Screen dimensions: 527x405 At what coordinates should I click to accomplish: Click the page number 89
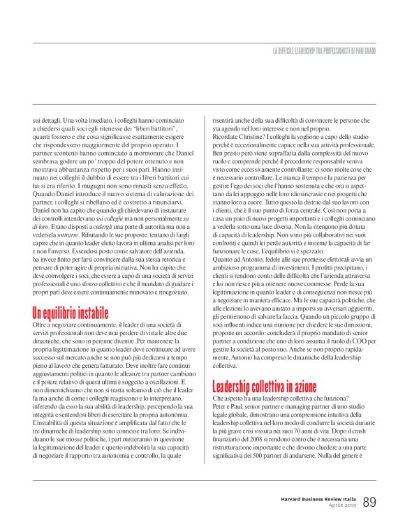(370, 501)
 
